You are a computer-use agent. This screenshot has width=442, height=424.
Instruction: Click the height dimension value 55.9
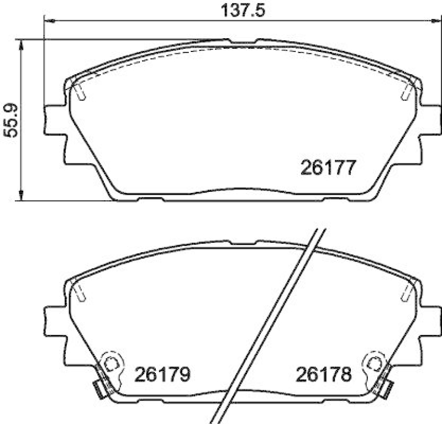coord(10,120)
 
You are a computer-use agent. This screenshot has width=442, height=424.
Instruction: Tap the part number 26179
coord(163,375)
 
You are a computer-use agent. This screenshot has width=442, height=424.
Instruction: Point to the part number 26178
coord(324,375)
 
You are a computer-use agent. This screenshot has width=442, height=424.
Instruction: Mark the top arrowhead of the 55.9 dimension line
coord(22,43)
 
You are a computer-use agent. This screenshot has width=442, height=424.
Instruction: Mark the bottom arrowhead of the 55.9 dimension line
coord(22,196)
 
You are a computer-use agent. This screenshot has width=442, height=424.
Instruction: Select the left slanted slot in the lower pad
coord(80,293)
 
